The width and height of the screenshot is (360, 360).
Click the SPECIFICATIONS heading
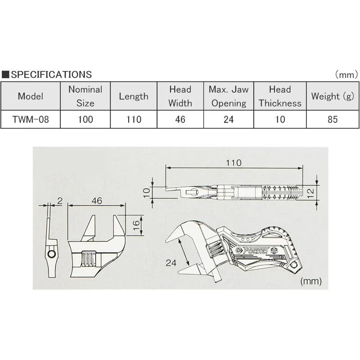(51, 75)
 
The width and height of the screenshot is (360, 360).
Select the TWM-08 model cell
(31, 119)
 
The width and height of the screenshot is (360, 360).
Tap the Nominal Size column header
(85, 96)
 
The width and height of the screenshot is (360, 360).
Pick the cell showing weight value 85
(333, 119)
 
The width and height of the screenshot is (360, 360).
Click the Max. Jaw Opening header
(229, 96)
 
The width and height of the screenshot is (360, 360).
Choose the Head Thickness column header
(280, 96)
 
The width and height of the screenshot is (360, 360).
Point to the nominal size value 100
(85, 119)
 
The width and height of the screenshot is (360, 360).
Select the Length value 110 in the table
(134, 119)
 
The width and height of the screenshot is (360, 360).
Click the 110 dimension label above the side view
(234, 163)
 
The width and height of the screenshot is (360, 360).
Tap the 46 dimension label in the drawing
(97, 201)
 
